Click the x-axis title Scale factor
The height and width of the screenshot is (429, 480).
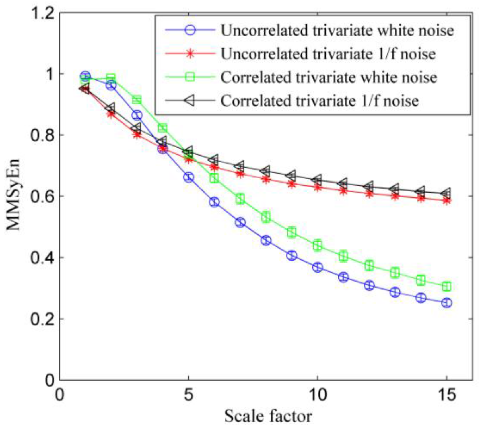(x=268, y=416)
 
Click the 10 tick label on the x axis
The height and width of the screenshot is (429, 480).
(x=318, y=395)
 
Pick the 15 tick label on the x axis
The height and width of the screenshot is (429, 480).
(x=446, y=395)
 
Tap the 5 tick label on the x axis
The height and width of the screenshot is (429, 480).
(x=188, y=395)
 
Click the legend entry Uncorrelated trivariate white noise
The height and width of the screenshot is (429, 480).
(x=337, y=30)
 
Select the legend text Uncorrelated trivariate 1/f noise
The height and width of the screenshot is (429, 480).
(x=328, y=54)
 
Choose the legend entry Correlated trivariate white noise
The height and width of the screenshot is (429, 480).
(x=329, y=77)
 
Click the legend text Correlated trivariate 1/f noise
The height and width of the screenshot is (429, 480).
(x=320, y=101)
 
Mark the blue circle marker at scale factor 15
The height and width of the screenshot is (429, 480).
(x=447, y=303)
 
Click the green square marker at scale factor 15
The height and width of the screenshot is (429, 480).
(x=447, y=286)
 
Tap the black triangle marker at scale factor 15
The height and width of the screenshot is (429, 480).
(x=446, y=193)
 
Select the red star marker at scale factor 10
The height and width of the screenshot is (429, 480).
(x=318, y=188)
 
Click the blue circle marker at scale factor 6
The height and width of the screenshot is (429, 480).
(x=214, y=202)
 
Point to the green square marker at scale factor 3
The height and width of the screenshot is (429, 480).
(x=137, y=100)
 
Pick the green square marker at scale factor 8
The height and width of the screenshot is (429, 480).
(x=266, y=217)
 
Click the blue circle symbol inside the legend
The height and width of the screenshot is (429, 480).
(x=190, y=30)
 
